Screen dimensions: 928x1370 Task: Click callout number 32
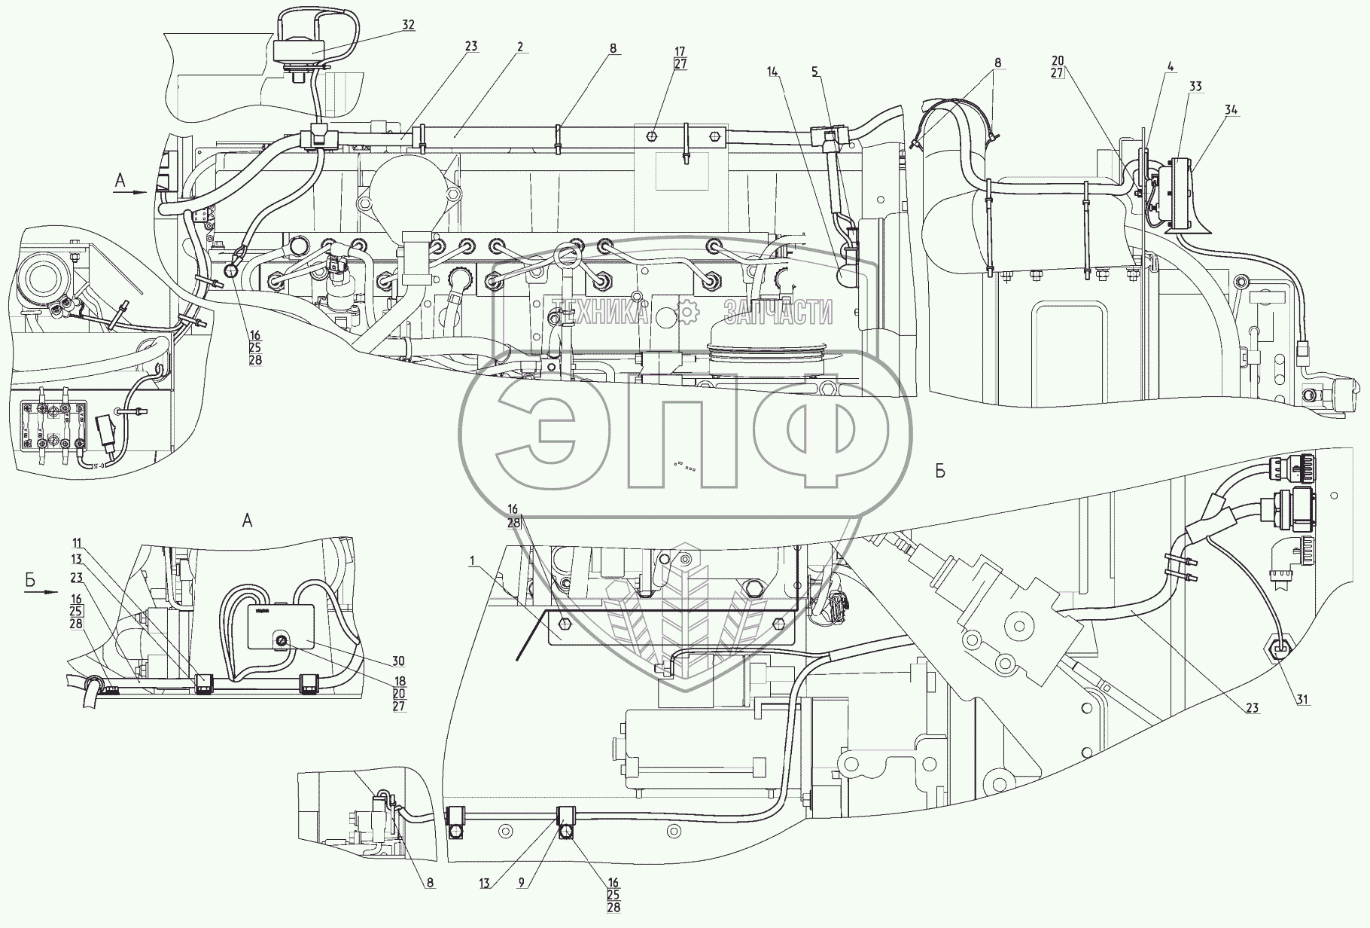coord(407,24)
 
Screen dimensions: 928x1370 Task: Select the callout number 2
coord(520,47)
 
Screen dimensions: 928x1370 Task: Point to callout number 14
coord(771,71)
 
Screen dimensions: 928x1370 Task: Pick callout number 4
coord(1170,66)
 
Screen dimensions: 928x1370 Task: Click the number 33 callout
coord(1195,87)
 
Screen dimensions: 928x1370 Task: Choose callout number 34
coord(1231,110)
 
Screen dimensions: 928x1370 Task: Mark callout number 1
coord(472,560)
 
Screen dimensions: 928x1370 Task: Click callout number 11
coord(78,543)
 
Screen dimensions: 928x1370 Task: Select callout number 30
coord(398,661)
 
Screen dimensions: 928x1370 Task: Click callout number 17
coord(680,52)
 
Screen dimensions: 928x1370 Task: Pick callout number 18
coord(398,681)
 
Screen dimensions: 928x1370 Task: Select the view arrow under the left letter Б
coord(41,592)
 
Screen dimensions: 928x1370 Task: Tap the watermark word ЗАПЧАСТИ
coord(778,311)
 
